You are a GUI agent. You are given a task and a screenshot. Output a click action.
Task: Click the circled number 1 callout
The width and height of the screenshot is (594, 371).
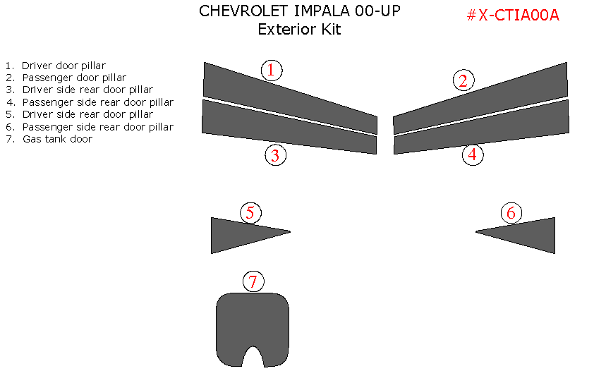pos(272,70)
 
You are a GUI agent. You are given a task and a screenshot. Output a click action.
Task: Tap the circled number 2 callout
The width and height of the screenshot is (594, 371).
pos(463,80)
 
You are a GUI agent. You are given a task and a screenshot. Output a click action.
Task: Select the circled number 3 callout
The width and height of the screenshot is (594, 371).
pos(275,155)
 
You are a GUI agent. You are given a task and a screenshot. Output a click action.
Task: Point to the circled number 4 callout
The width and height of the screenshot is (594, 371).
pos(473,154)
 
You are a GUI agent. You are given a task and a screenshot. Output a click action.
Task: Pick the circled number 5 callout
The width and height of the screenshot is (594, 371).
pos(250,212)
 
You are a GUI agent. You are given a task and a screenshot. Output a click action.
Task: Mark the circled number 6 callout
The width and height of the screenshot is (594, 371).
pos(511,212)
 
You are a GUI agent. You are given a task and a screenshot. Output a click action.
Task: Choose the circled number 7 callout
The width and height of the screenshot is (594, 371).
pos(253,282)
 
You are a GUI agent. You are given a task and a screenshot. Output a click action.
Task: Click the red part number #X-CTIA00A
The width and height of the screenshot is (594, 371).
pos(513,16)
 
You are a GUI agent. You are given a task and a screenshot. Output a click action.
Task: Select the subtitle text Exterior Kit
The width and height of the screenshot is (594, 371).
pos(299,30)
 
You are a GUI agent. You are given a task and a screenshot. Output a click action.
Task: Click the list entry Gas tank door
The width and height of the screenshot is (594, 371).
pos(57,139)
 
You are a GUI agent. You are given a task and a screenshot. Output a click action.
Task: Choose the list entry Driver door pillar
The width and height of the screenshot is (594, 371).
pos(63,66)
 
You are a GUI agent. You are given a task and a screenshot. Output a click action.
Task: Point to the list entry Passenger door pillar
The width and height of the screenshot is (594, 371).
pos(74,78)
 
